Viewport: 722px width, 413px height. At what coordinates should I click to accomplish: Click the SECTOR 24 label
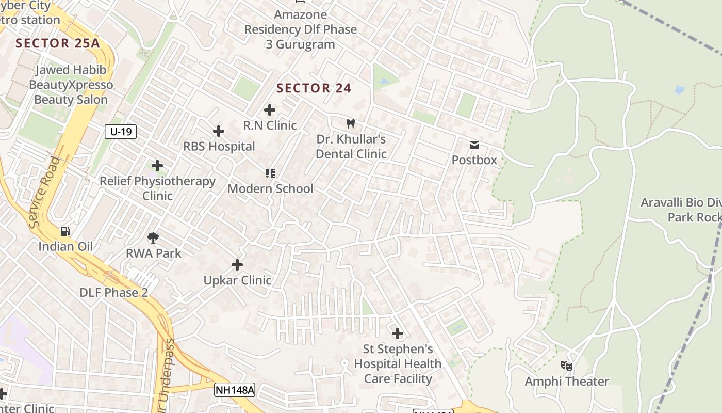pos(314,88)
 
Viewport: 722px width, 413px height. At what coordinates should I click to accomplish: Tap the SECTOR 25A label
pos(57,43)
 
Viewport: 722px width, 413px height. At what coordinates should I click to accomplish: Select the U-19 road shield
pos(121,132)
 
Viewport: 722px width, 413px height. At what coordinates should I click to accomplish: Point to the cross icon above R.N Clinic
pos(270,110)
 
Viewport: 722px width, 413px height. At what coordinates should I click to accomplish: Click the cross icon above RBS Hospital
pos(219,131)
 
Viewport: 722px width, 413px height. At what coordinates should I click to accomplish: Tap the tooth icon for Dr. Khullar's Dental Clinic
pos(351,124)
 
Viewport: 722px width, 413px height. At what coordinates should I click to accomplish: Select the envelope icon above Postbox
pos(474,145)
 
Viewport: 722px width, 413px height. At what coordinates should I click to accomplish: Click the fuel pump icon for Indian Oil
pos(65,231)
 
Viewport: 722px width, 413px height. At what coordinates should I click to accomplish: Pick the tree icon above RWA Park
pos(153,238)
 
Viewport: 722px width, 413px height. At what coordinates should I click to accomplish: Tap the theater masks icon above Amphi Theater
pos(567,366)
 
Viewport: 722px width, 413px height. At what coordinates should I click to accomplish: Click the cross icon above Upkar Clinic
pos(237,265)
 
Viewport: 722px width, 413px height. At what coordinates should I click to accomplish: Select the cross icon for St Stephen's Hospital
pos(398,333)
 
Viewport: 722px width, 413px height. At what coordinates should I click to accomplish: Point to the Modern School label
pos(270,188)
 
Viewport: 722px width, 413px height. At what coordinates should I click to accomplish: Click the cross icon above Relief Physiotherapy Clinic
pos(157,166)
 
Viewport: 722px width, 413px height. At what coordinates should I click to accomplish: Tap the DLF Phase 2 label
pos(113,293)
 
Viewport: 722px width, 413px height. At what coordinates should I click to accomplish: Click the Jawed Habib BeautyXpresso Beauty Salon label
pos(71,85)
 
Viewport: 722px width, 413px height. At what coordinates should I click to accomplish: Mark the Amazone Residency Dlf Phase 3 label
pos(300,29)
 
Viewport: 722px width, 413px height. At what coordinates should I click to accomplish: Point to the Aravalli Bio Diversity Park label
pos(681,210)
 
